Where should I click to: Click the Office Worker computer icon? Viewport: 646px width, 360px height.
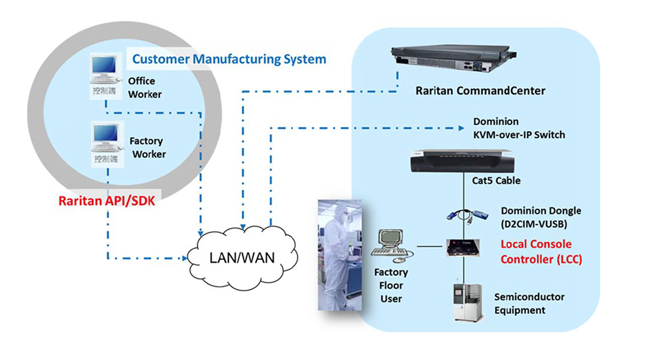(x=105, y=71)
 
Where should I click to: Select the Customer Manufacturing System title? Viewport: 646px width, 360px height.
(x=229, y=59)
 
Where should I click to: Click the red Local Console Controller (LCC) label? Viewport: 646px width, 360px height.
(x=536, y=252)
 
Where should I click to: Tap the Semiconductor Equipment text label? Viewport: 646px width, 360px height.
(x=529, y=303)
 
